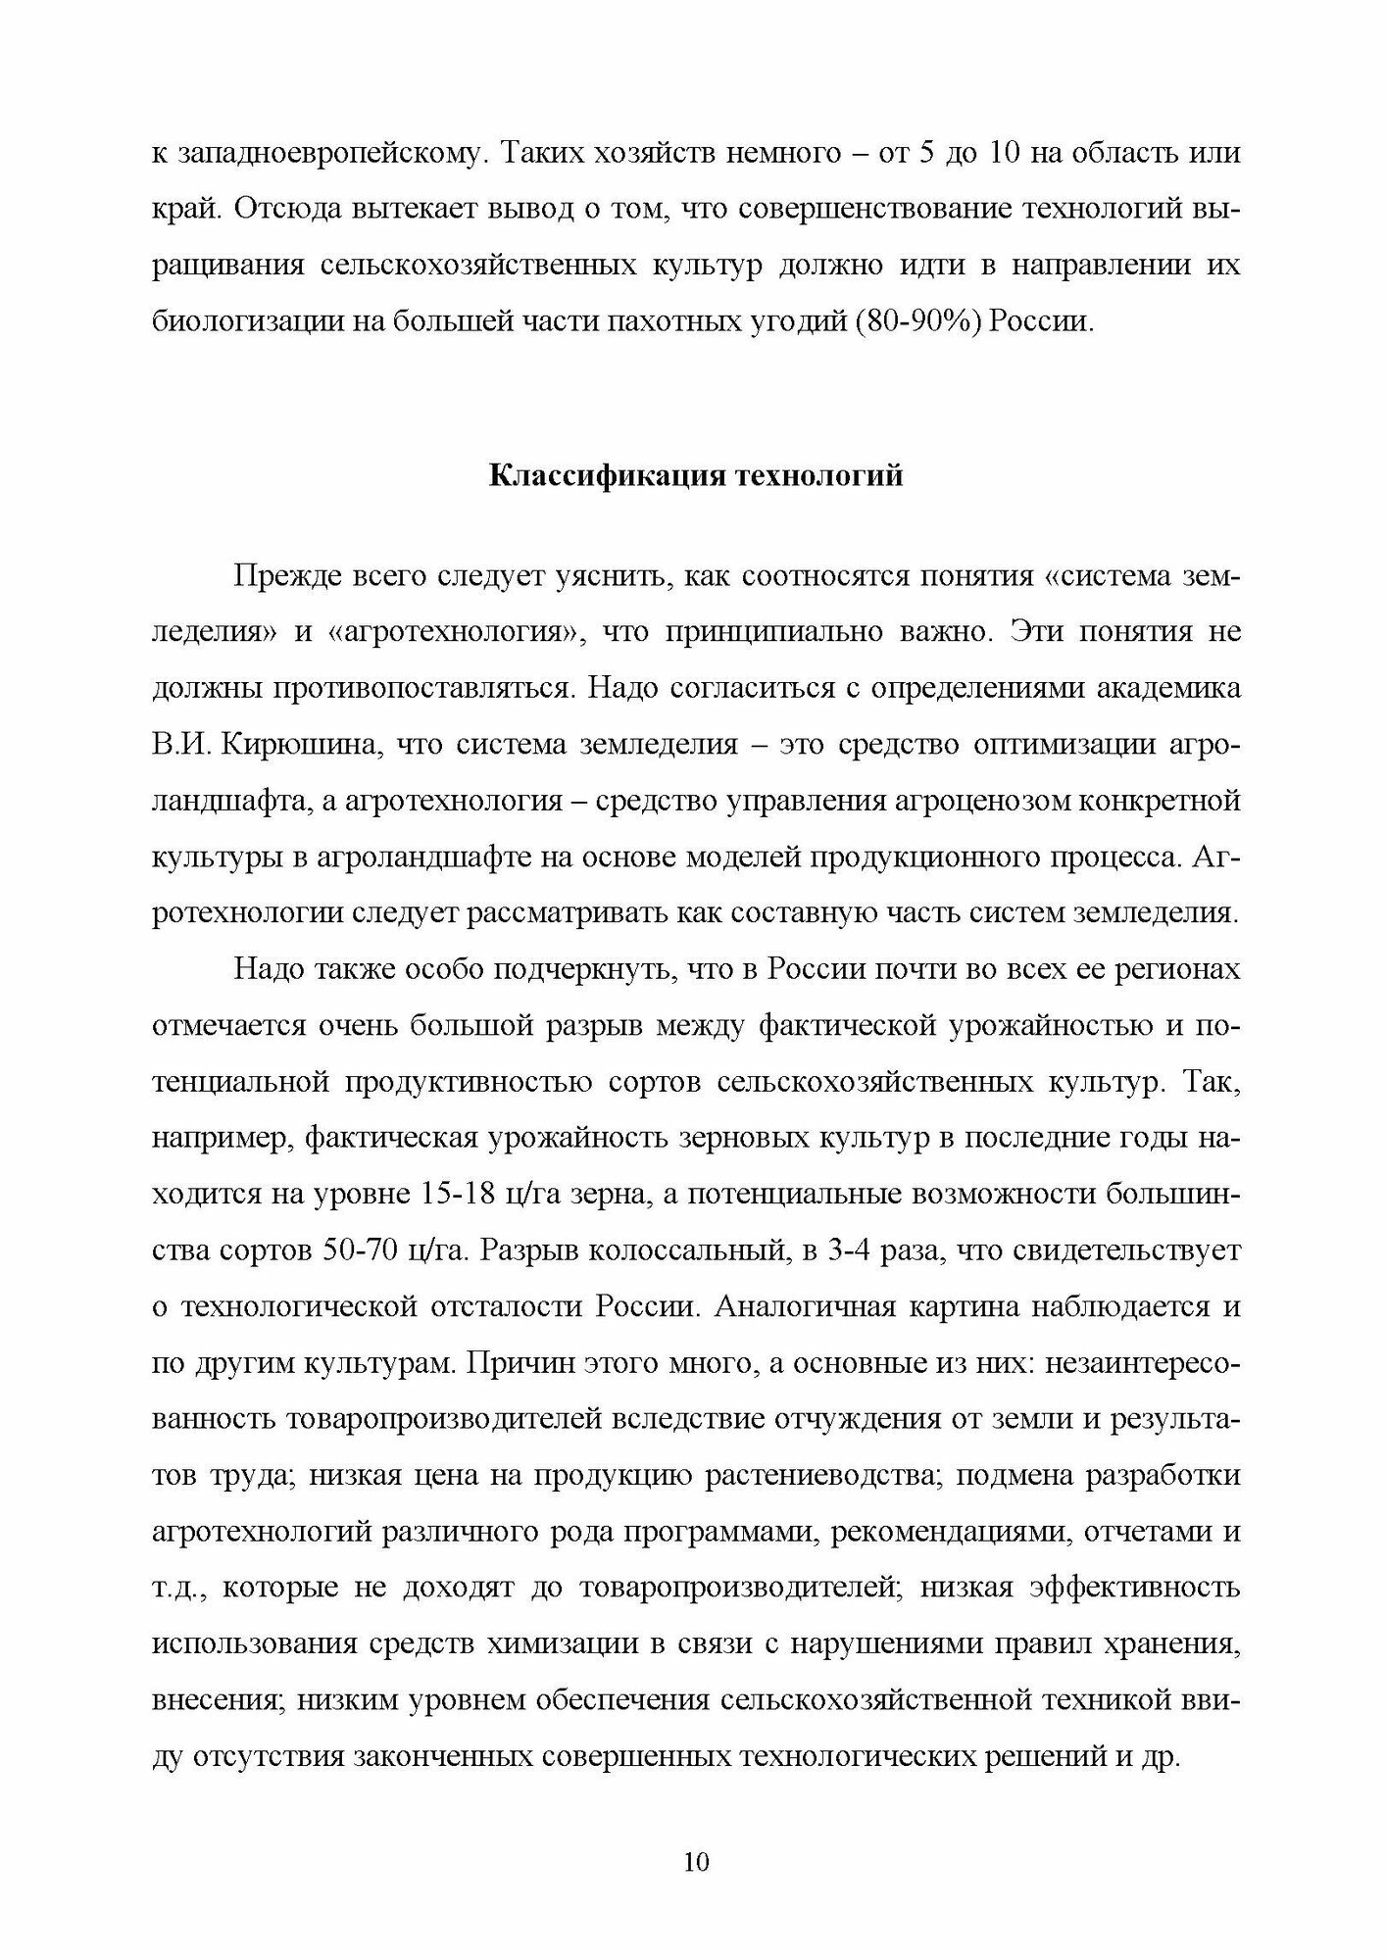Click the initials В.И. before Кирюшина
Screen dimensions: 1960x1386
(x=177, y=745)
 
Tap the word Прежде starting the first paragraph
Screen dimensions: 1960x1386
(x=285, y=575)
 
